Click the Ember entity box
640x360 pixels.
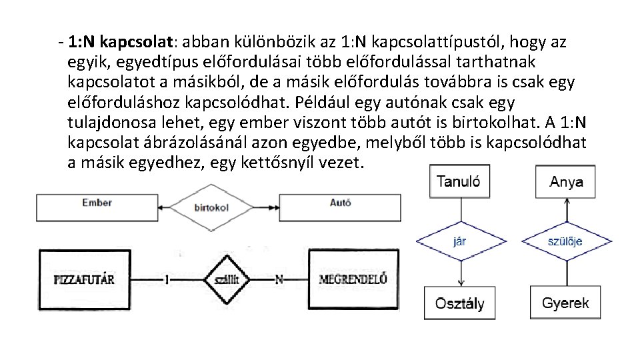pyautogui.click(x=97, y=207)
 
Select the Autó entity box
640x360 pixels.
pyautogui.click(x=340, y=207)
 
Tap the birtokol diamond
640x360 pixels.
pyautogui.click(x=211, y=207)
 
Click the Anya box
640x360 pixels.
pyautogui.click(x=566, y=181)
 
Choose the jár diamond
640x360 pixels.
pyautogui.click(x=459, y=241)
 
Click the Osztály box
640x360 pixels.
pyautogui.click(x=459, y=303)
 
